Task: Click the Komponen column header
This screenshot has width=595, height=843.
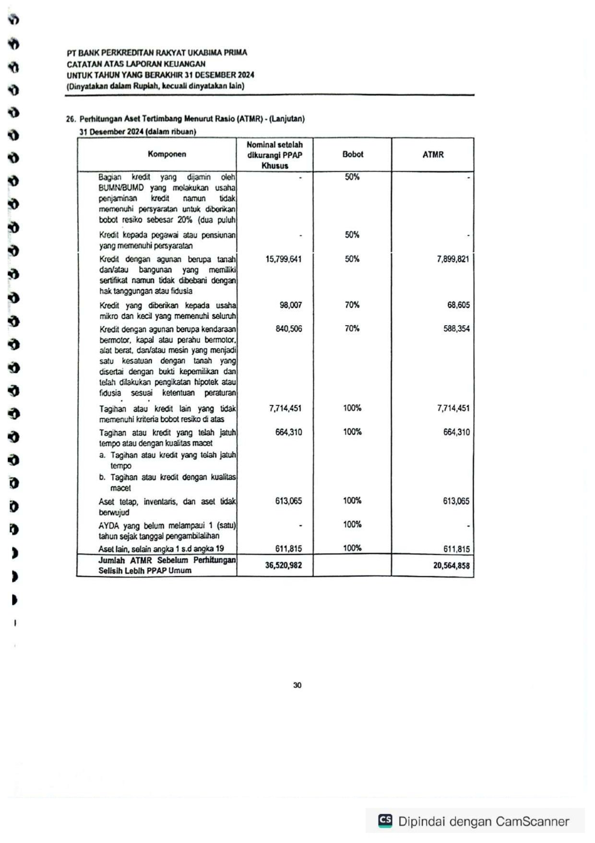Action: pyautogui.click(x=167, y=154)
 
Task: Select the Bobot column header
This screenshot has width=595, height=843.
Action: pyautogui.click(x=353, y=154)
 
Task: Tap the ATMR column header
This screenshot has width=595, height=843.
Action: pyautogui.click(x=433, y=155)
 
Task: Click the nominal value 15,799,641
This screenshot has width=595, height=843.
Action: pyautogui.click(x=284, y=259)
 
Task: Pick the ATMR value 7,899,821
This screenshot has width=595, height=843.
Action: pyautogui.click(x=453, y=259)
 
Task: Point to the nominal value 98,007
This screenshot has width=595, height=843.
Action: pyautogui.click(x=291, y=305)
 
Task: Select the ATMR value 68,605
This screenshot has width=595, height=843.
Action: pyautogui.click(x=458, y=305)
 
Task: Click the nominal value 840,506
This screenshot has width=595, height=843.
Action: pyautogui.click(x=288, y=329)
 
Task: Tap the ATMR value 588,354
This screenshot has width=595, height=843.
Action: pyautogui.click(x=456, y=329)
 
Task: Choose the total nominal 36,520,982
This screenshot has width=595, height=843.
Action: pyautogui.click(x=284, y=565)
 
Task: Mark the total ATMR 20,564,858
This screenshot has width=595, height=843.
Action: pyautogui.click(x=451, y=566)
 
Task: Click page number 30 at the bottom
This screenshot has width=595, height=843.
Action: pyautogui.click(x=297, y=685)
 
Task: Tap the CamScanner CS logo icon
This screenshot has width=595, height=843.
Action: pyautogui.click(x=385, y=820)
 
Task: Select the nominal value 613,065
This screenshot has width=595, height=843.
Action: pyautogui.click(x=288, y=501)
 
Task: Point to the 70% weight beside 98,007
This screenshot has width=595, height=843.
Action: pyautogui.click(x=352, y=305)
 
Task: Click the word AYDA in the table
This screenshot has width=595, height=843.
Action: pyautogui.click(x=108, y=525)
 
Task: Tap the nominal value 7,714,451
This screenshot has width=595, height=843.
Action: pyautogui.click(x=285, y=408)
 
